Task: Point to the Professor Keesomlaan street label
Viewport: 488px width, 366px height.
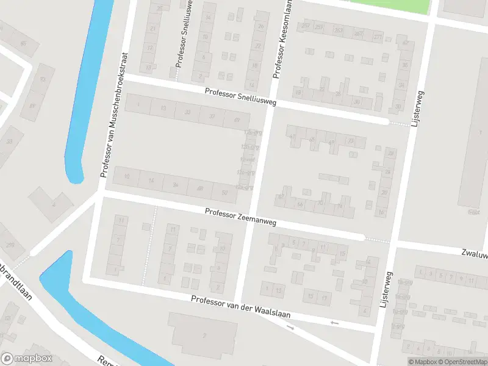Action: pyautogui.click(x=282, y=39)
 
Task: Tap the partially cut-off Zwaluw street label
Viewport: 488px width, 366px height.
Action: pyautogui.click(x=475, y=253)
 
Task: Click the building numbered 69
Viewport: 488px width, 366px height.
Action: pyautogui.click(x=237, y=118)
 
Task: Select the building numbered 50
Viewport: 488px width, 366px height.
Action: pyautogui.click(x=224, y=193)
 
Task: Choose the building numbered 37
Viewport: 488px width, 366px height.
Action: pyautogui.click(x=212, y=115)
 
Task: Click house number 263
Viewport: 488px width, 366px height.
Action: pyautogui.click(x=339, y=30)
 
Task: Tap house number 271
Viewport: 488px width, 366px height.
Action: pyautogui.click(x=378, y=37)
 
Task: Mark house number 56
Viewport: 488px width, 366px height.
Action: pyautogui.click(x=300, y=204)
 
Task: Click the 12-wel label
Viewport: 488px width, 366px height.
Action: pyautogui.click(x=246, y=160)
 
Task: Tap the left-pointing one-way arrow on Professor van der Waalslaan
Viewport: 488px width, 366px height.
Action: pyautogui.click(x=334, y=322)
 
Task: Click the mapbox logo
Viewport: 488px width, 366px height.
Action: pyautogui.click(x=27, y=359)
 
